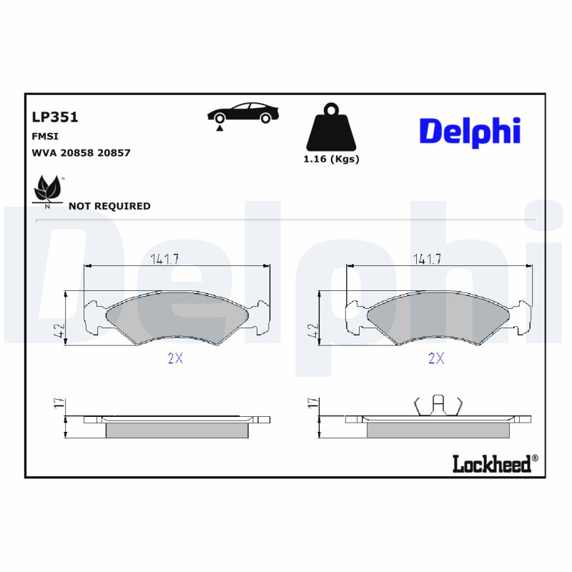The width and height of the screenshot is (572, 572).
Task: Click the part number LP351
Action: [55, 117]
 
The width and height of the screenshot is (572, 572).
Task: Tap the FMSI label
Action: [45, 136]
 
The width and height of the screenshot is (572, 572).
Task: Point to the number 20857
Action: [113, 153]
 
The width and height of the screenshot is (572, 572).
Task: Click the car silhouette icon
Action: [242, 114]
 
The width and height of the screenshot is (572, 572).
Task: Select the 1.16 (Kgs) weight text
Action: [331, 159]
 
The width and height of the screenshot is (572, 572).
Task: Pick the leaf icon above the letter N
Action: [48, 188]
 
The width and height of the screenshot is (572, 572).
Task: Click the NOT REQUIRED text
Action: [109, 206]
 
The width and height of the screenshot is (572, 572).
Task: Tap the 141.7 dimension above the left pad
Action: [164, 260]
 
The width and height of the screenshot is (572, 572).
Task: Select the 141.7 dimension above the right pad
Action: [427, 260]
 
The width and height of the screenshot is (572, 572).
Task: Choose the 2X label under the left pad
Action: [175, 359]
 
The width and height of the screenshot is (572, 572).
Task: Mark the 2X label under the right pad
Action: [436, 359]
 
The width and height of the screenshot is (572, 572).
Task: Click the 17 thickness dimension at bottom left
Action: [59, 404]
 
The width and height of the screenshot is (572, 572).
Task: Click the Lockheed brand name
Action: [493, 464]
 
